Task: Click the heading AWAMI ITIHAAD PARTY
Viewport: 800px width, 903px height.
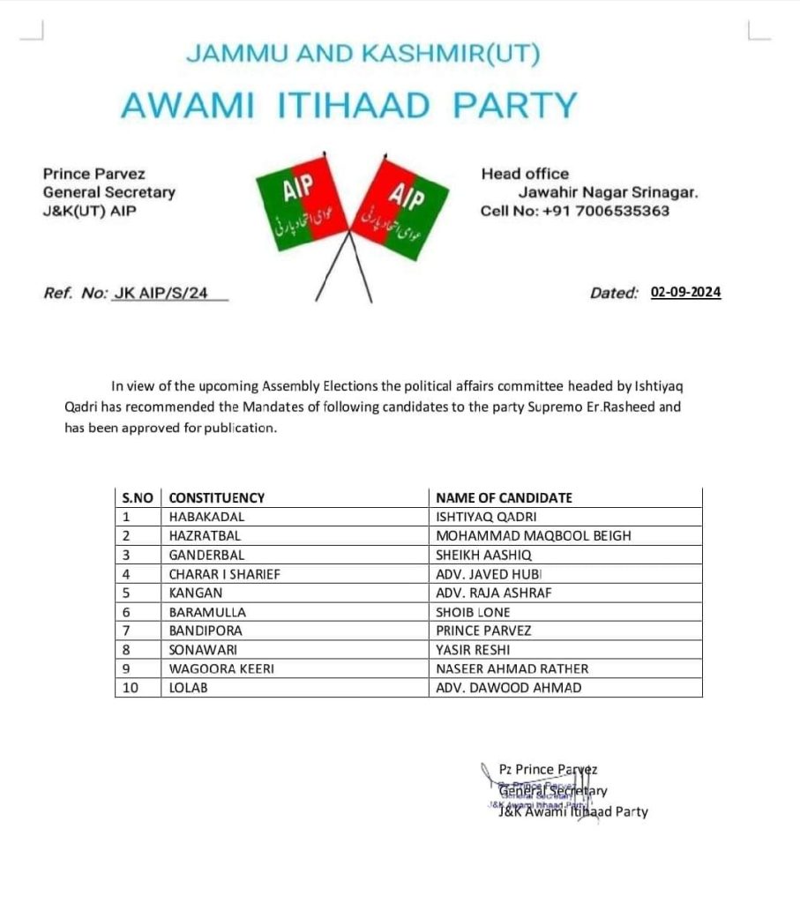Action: pyautogui.click(x=348, y=106)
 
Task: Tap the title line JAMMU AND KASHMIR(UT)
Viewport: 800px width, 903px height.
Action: pyautogui.click(x=363, y=54)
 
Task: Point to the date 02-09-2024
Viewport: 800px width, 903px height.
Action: pyautogui.click(x=685, y=292)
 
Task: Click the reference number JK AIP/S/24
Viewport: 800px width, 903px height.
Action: pyautogui.click(x=161, y=293)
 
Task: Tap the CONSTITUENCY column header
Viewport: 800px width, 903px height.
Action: pyautogui.click(x=217, y=497)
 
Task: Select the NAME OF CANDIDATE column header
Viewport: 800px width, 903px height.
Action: pyautogui.click(x=504, y=497)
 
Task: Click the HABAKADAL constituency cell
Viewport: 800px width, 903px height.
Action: pyautogui.click(x=206, y=517)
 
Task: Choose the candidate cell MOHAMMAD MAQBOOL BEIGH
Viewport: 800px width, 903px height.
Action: pyautogui.click(x=534, y=535)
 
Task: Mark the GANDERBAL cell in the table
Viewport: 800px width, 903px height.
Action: pyautogui.click(x=206, y=555)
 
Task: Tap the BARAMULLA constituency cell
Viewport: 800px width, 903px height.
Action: pyautogui.click(x=207, y=612)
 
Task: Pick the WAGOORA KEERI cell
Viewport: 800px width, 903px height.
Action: pyautogui.click(x=221, y=668)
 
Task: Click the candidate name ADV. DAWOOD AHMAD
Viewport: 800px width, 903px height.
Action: pyautogui.click(x=509, y=688)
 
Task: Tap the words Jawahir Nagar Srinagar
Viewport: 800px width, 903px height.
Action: pyautogui.click(x=608, y=192)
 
